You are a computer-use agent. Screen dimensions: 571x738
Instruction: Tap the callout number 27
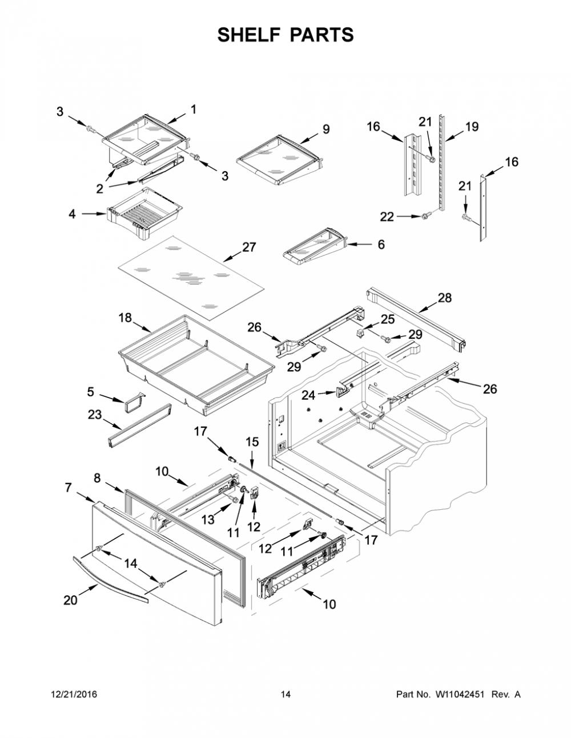point(249,248)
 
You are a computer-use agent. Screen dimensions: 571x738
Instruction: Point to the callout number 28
point(445,298)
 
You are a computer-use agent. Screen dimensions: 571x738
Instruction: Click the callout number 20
point(71,601)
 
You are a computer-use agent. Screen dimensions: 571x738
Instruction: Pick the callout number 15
point(252,442)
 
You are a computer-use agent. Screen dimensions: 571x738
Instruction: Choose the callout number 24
point(308,395)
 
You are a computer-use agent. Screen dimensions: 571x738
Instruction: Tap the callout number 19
point(472,127)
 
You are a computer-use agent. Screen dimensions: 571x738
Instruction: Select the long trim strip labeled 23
point(140,425)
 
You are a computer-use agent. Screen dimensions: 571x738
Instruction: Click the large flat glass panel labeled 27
point(191,278)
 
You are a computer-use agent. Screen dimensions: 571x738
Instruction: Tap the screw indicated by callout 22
point(426,216)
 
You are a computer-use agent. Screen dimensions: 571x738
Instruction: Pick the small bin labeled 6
point(315,246)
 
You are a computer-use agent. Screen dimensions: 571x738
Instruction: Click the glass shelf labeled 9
point(279,160)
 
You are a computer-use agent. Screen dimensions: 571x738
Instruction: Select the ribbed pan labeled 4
point(145,213)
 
